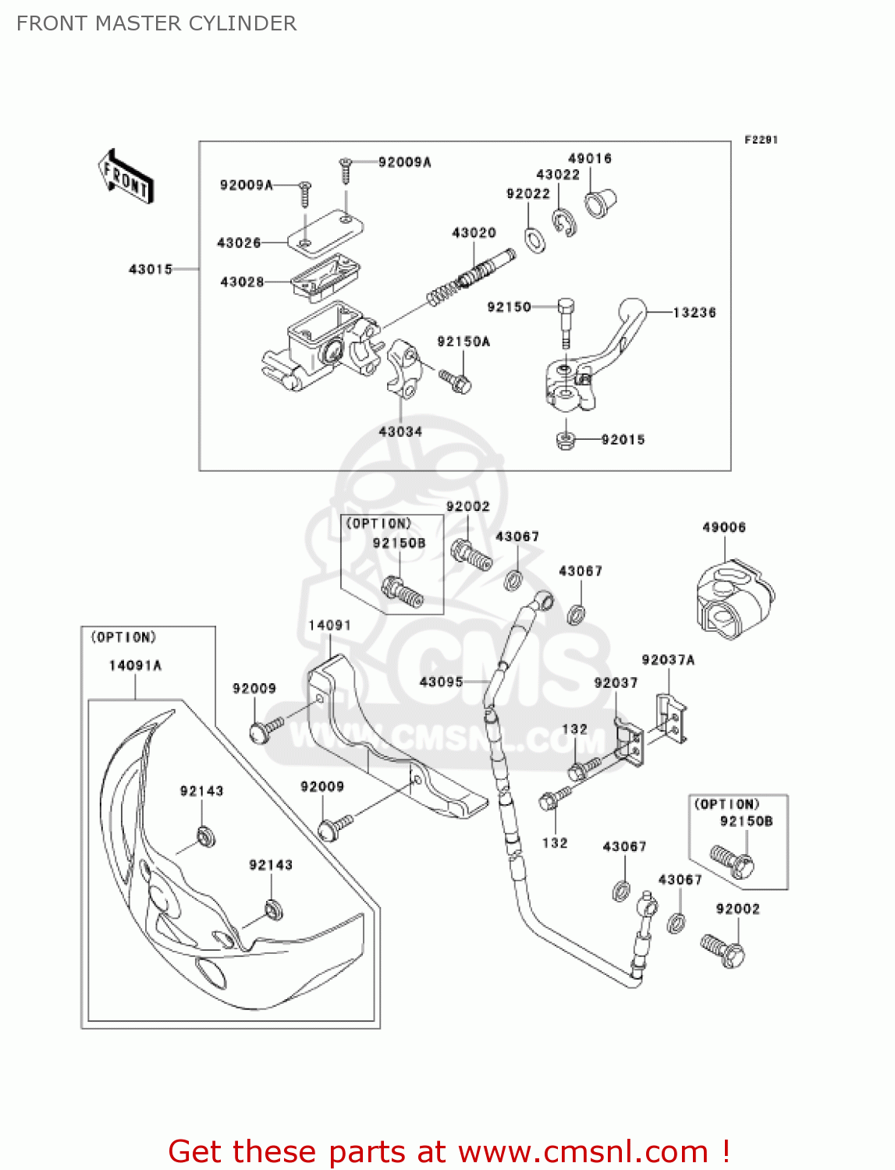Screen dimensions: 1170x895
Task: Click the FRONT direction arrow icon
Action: [126, 176]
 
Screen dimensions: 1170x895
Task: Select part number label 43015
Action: [150, 269]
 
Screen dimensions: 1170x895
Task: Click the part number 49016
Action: [589, 158]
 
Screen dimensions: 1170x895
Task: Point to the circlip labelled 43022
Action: [565, 222]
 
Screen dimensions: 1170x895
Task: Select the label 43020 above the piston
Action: [474, 232]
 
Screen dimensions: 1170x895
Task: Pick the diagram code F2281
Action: [760, 140]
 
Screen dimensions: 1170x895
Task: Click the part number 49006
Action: [723, 527]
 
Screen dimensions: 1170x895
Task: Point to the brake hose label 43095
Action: [441, 682]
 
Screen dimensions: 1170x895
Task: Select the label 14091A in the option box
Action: [135, 665]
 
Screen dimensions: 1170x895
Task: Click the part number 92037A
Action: [667, 660]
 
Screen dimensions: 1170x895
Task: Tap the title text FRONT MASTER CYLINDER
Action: [156, 23]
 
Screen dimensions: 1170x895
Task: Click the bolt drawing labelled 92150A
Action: [455, 381]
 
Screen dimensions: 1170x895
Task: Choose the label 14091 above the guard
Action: [329, 626]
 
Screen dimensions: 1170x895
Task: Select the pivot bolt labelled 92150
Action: [566, 321]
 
